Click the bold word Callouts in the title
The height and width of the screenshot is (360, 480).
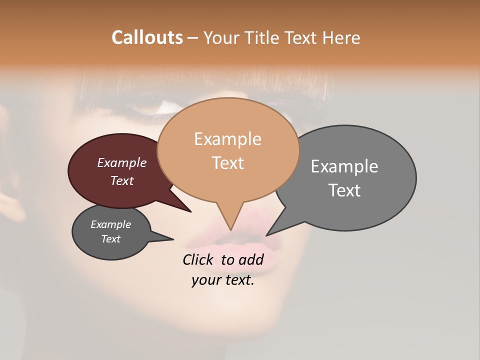click(147, 37)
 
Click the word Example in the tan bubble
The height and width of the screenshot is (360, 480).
click(227, 139)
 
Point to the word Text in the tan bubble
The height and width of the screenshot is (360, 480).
click(228, 163)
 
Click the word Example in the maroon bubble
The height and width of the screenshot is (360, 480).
click(121, 162)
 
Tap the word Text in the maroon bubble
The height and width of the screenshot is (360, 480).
click(122, 180)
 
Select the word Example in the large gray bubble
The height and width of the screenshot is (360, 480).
click(344, 166)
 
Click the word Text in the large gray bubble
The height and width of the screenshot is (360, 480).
click(345, 190)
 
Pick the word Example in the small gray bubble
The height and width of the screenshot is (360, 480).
click(110, 224)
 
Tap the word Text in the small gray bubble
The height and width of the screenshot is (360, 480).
click(110, 239)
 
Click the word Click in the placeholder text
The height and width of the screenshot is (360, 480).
click(198, 259)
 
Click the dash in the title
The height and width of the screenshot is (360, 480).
click(193, 38)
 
